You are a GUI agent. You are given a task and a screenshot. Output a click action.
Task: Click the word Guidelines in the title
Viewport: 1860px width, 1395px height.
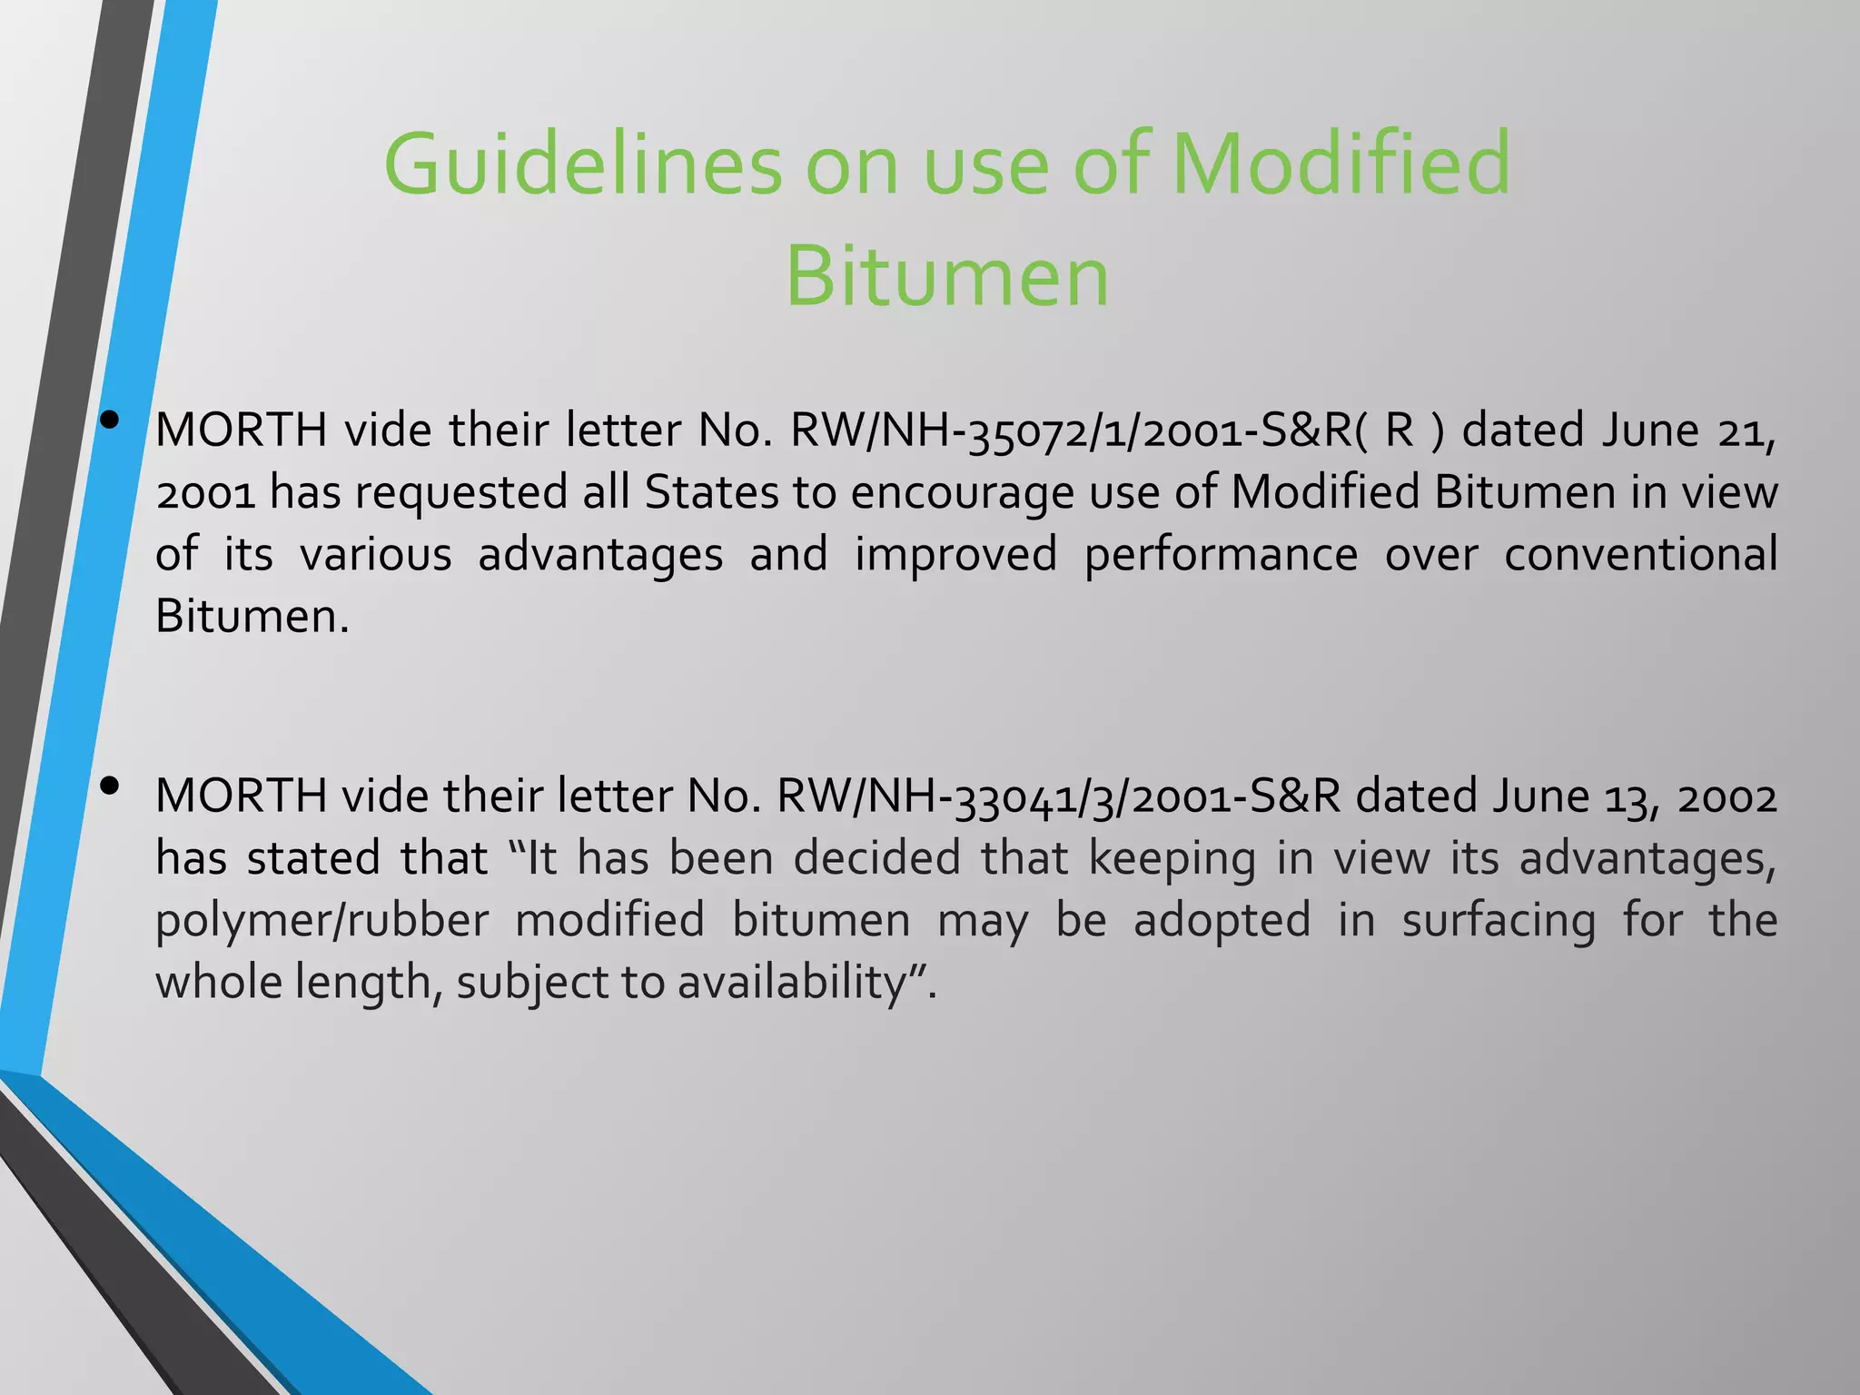pos(582,164)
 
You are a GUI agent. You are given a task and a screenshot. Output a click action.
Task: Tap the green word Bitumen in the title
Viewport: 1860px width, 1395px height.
pos(946,276)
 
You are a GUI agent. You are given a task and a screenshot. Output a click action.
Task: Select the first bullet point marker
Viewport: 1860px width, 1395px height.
pos(111,420)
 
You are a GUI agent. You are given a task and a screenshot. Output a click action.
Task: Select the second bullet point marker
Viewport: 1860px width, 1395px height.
pos(111,787)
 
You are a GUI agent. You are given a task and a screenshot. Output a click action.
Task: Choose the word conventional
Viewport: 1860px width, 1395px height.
pos(1640,555)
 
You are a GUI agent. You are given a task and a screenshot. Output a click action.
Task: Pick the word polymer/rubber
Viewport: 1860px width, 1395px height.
pos(322,921)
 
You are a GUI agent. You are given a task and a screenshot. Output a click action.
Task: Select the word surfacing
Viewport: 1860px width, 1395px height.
pos(1499,921)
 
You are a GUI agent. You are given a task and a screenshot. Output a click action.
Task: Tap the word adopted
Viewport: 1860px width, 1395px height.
pos(1222,921)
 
